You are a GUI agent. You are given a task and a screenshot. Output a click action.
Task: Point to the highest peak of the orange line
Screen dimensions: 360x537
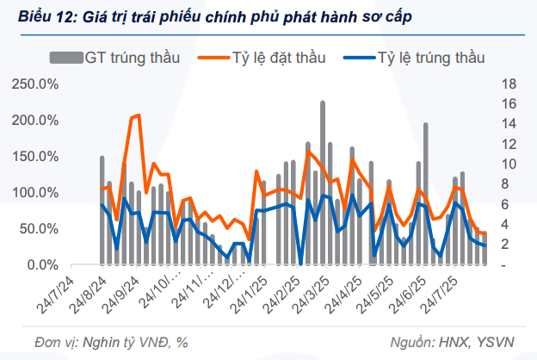coord(139,115)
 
